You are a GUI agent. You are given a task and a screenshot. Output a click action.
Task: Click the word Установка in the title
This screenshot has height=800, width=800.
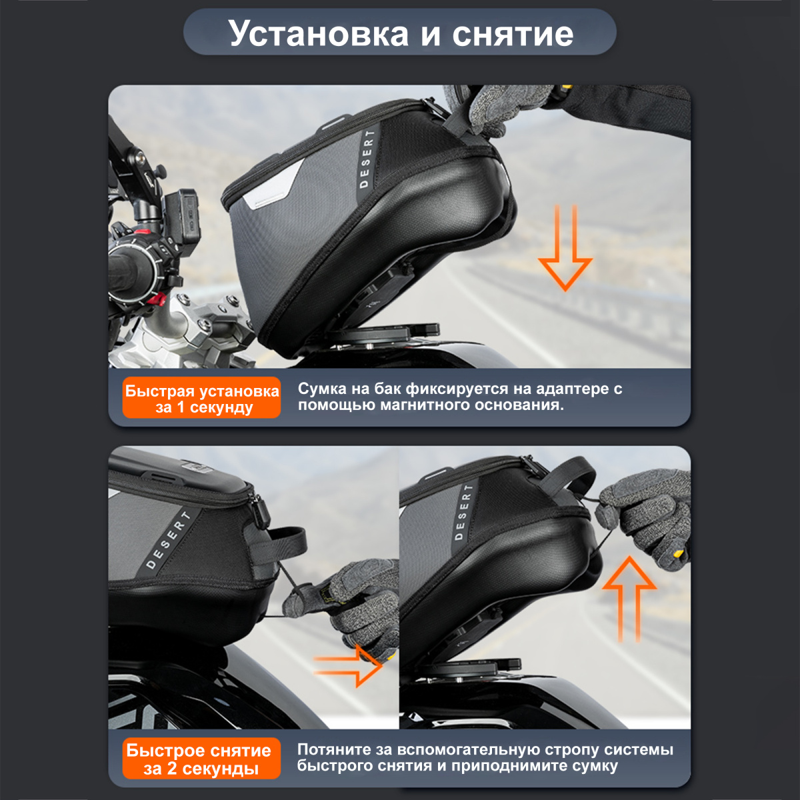tap(319, 34)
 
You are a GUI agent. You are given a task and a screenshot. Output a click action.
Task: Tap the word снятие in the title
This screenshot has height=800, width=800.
tap(513, 33)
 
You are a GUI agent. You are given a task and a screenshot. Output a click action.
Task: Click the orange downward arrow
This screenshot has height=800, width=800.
tap(565, 248)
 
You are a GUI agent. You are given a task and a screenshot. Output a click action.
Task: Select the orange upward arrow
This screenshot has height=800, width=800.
tap(629, 598)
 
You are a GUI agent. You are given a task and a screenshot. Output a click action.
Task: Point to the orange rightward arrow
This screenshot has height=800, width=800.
tap(348, 666)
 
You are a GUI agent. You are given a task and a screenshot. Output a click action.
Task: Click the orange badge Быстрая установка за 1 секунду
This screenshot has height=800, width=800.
tap(202, 398)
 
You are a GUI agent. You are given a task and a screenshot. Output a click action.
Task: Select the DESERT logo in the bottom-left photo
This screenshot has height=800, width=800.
tap(169, 540)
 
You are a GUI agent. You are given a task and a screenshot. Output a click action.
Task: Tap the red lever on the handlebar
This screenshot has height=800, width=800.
tap(157, 299)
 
